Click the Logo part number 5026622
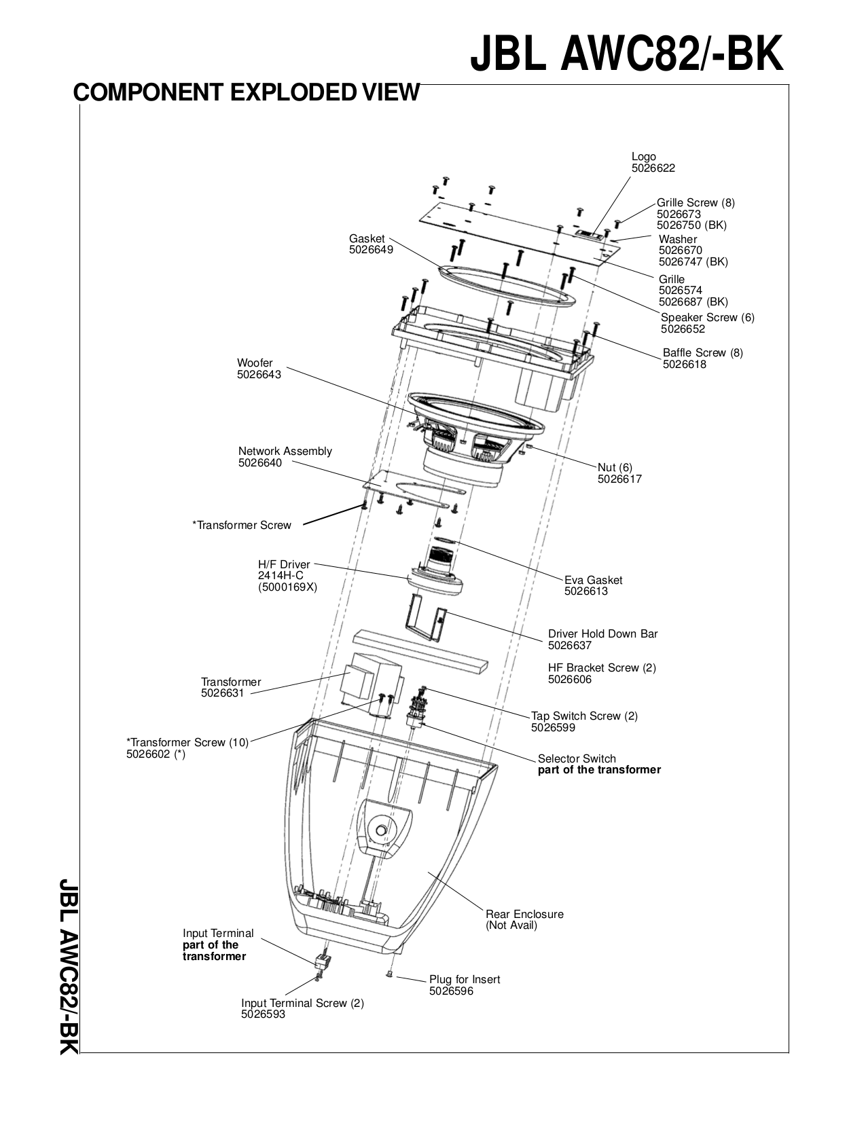coord(653,168)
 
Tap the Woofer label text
coord(255,363)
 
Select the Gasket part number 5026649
coord(371,250)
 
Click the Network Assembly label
coord(285,452)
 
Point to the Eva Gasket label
coord(593,580)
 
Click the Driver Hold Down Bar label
coord(602,633)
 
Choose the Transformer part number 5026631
coord(222,693)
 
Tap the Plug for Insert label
coord(464,979)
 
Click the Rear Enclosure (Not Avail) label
coord(524,919)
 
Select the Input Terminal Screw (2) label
coord(302,1003)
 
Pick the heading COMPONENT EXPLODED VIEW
coord(246,92)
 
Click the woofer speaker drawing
coord(475,435)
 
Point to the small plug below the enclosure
coord(389,974)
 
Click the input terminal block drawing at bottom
coord(323,961)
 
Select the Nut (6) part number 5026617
coord(619,479)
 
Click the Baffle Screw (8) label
coord(702,352)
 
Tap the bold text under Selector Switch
coord(598,770)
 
